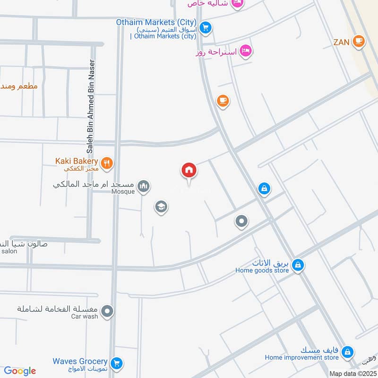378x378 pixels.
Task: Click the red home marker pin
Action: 189,171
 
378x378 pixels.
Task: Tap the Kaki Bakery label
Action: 77,161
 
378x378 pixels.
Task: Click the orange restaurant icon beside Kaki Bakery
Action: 107,163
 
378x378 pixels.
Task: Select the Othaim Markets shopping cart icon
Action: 205,27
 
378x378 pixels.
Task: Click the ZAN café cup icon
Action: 359,42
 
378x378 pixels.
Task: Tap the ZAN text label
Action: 341,42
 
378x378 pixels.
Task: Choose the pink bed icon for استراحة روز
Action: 245,51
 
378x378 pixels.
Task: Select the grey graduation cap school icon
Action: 161,206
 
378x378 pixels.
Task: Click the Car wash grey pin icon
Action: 108,311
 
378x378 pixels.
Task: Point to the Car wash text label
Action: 85,317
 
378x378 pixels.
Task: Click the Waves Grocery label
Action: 80,361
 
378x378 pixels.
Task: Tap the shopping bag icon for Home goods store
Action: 297,266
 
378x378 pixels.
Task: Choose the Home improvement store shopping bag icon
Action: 347,352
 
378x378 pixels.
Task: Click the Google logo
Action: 20,371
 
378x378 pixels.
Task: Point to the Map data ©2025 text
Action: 352,373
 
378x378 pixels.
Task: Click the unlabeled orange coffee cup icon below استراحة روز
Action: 223,101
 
